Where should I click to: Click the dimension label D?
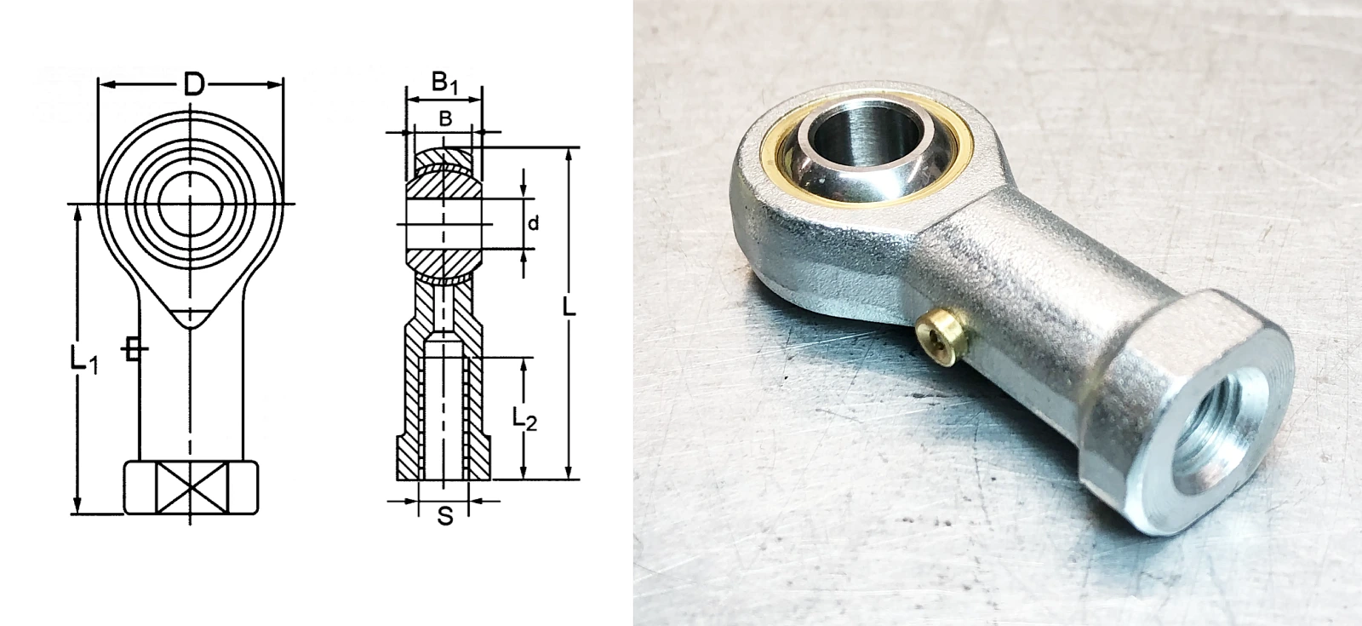193,84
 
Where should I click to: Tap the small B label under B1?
445,118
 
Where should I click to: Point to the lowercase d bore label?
533,223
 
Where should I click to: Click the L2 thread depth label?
524,418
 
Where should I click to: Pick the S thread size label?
446,516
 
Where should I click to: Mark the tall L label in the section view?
569,307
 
